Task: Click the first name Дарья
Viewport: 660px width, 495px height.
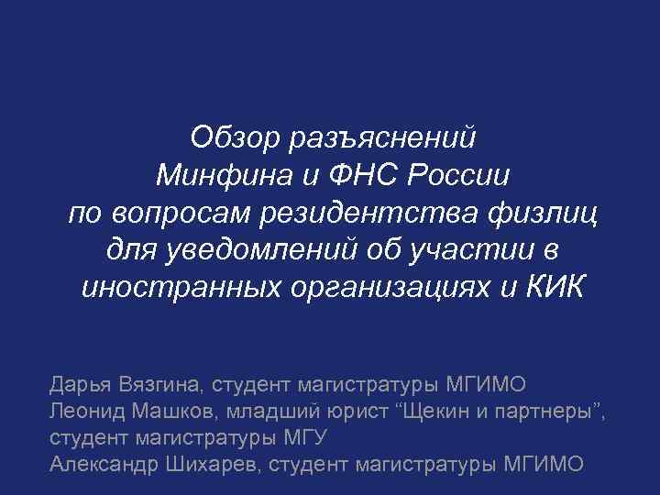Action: pos(80,383)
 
